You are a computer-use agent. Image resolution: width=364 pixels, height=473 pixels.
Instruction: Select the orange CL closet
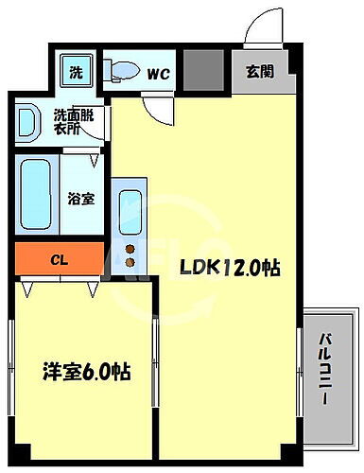60,256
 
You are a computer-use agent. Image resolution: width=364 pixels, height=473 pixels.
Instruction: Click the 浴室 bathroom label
80,200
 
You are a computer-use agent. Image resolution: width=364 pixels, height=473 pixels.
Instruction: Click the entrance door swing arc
260,28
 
